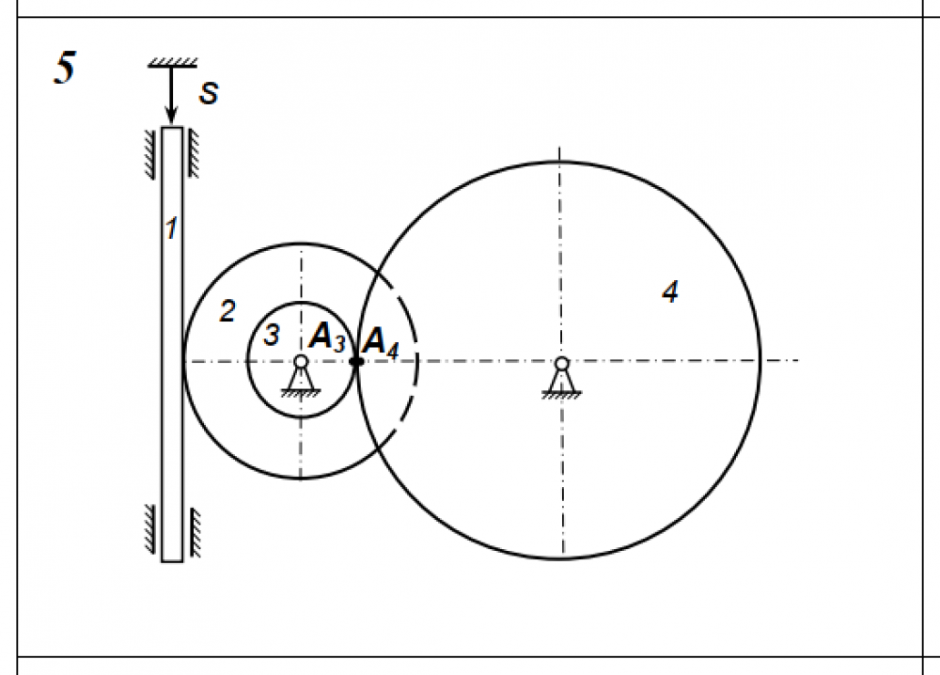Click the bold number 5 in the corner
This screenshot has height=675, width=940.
click(65, 67)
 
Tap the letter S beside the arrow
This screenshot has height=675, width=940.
click(209, 93)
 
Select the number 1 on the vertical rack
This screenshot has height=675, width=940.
click(171, 228)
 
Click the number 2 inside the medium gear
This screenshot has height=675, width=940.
click(227, 311)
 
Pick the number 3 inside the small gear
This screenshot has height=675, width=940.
click(272, 335)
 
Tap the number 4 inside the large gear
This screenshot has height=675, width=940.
click(670, 292)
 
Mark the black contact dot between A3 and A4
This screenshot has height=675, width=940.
click(356, 362)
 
